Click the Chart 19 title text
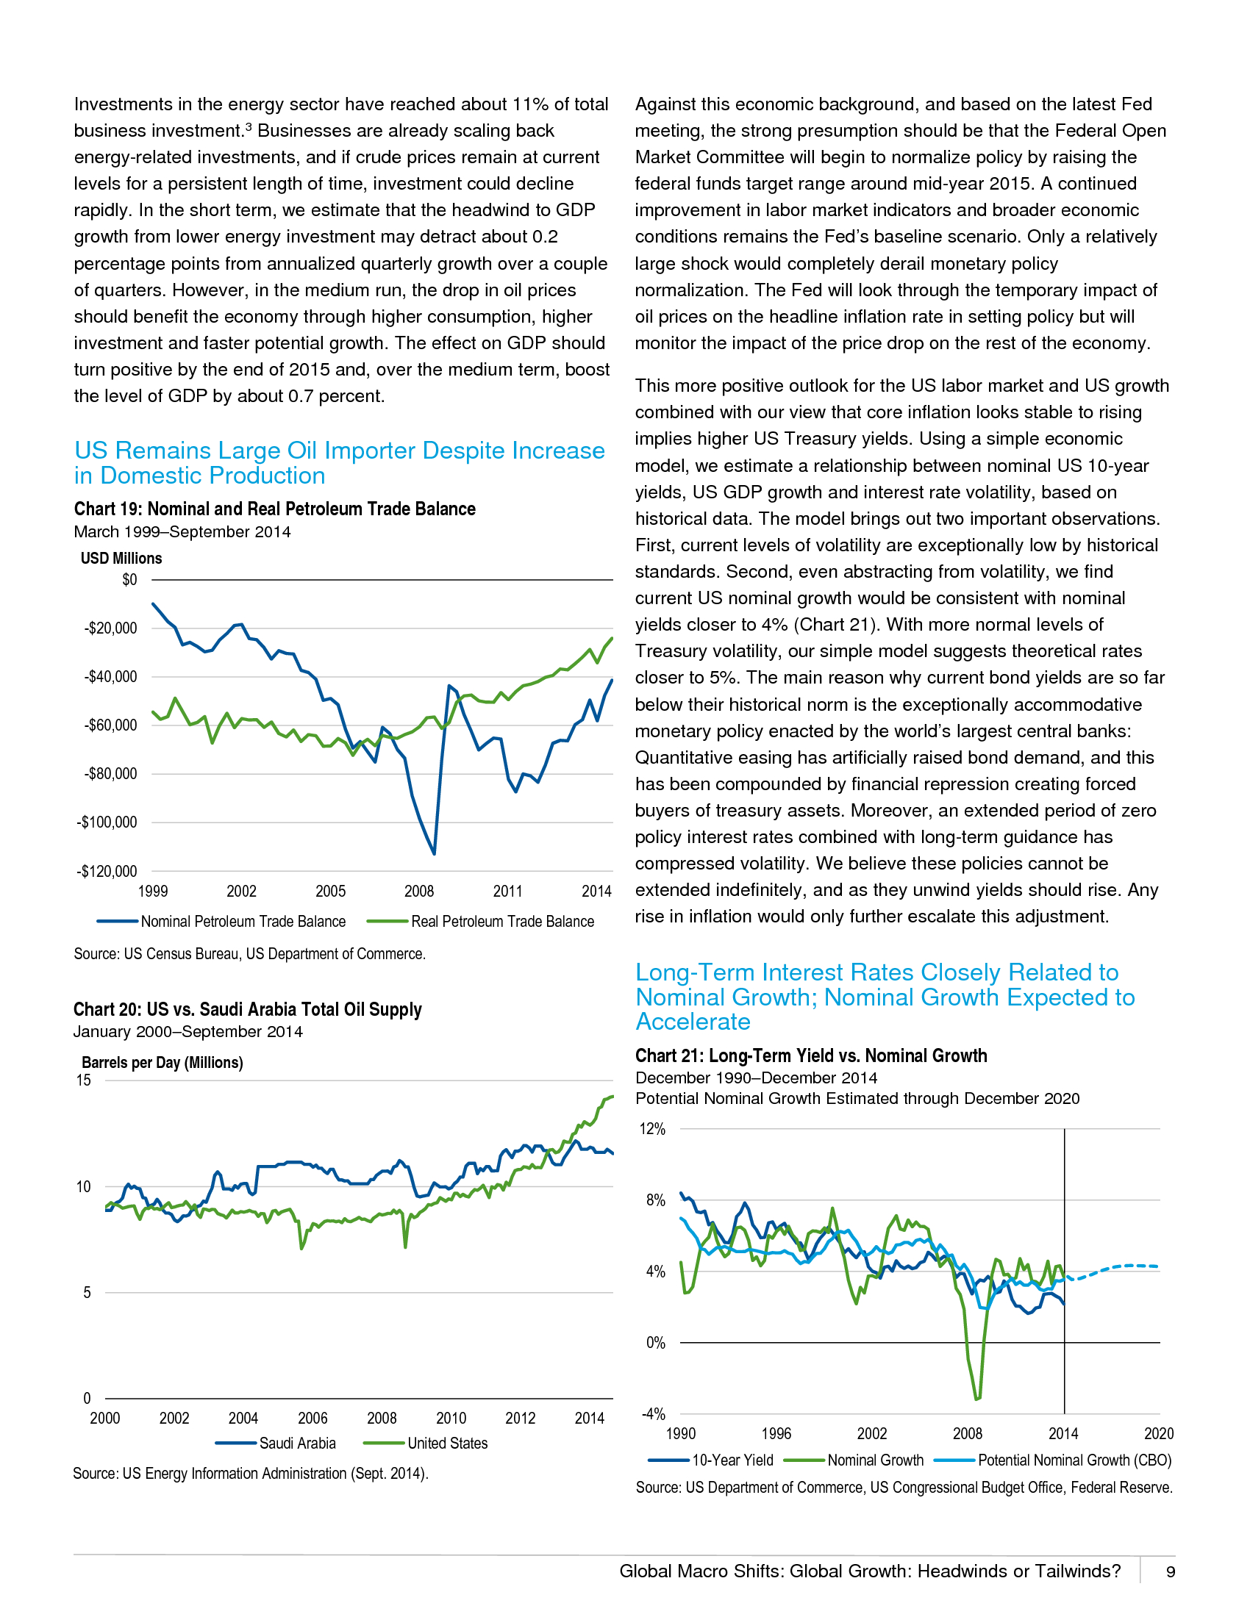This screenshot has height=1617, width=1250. (275, 509)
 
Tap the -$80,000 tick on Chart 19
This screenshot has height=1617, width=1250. (110, 774)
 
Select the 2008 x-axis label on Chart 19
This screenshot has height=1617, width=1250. (419, 892)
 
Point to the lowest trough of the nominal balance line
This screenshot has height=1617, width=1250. (434, 853)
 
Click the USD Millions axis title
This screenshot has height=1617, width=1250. (121, 559)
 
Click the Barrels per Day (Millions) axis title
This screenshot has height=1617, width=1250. (162, 1063)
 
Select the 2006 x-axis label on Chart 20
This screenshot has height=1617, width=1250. (312, 1418)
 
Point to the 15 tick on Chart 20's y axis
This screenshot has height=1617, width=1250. (84, 1080)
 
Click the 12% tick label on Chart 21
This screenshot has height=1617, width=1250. (652, 1129)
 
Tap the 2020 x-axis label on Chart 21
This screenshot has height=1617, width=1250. (1158, 1433)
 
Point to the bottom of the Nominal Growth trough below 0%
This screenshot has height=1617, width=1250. (977, 1399)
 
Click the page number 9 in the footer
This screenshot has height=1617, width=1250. (1171, 1572)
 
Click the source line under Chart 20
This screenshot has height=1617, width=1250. (250, 1474)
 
